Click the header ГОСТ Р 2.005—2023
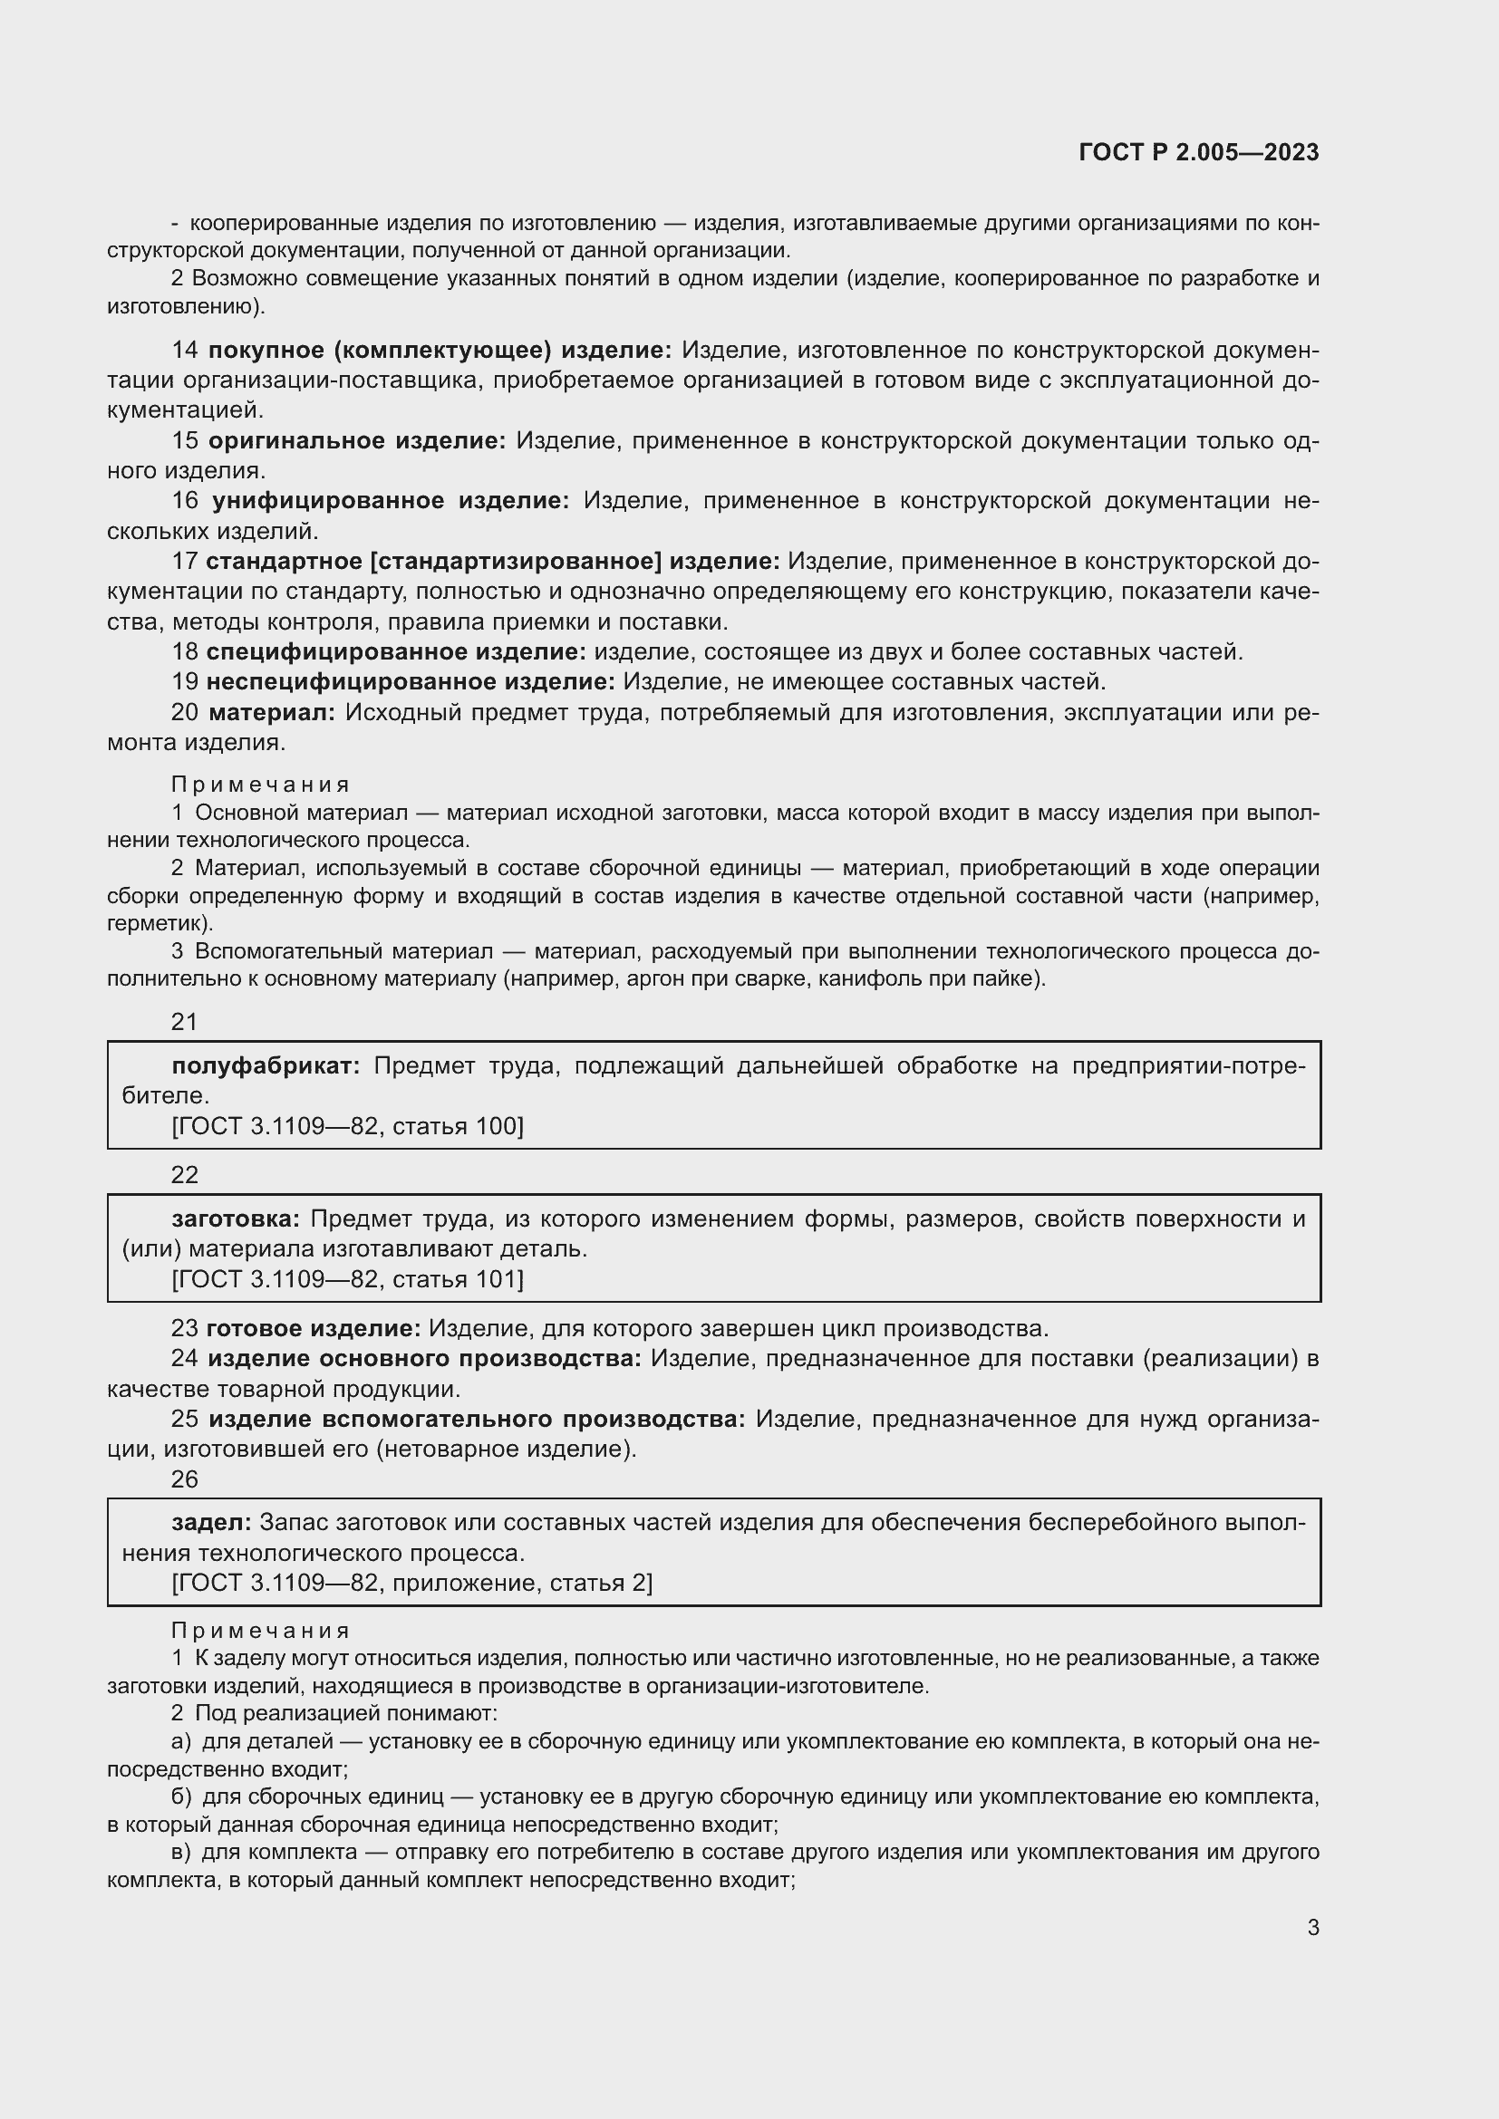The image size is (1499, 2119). pos(1198,153)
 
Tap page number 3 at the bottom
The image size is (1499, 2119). pos(1312,1927)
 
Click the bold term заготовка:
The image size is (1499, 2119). pos(236,1219)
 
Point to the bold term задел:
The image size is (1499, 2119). pos(211,1522)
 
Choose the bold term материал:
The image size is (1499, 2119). pos(271,712)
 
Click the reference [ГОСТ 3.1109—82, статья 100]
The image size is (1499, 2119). pos(347,1126)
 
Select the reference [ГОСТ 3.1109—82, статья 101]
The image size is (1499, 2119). pos(347,1279)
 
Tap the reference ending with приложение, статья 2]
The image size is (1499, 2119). pos(411,1583)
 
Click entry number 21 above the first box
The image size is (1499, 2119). pos(185,1022)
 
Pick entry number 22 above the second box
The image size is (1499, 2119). pos(185,1175)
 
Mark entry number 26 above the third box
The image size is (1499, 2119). pos(185,1479)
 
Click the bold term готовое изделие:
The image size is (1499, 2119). pos(313,1328)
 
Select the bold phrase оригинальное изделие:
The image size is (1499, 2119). pos(356,441)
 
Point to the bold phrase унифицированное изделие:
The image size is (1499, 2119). pos(391,501)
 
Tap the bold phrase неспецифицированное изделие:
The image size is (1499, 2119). pos(410,682)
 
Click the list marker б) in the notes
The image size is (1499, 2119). pos(181,1796)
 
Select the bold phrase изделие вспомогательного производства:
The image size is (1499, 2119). pos(477,1419)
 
